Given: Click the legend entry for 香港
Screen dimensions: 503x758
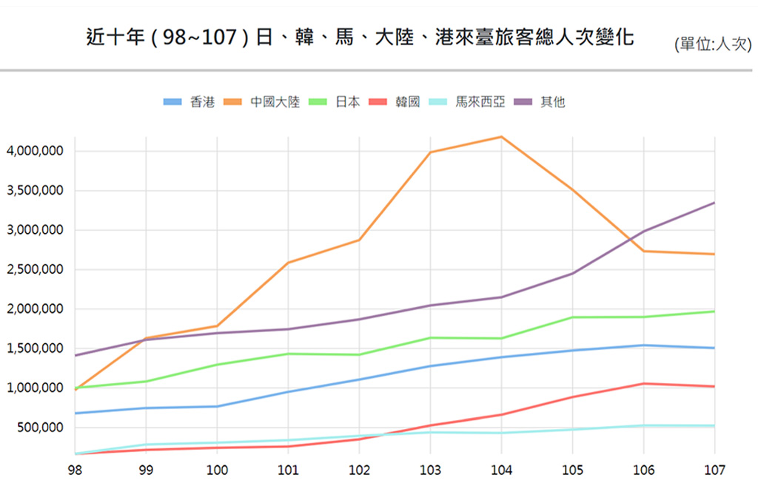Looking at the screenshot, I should pyautogui.click(x=189, y=102).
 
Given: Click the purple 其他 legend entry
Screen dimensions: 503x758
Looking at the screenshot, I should pyautogui.click(x=540, y=102).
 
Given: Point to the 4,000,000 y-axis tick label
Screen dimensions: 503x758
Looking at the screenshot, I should pyautogui.click(x=35, y=151).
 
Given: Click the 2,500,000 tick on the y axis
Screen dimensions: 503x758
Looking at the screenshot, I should pyautogui.click(x=35, y=269).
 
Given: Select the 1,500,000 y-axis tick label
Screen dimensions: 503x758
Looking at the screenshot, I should pyautogui.click(x=35, y=348).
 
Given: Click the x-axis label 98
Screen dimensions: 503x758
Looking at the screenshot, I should pyautogui.click(x=74, y=470).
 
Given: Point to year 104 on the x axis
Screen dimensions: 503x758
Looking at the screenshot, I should pyautogui.click(x=501, y=470).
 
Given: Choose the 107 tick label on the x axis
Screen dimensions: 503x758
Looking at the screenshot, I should pyautogui.click(x=714, y=470).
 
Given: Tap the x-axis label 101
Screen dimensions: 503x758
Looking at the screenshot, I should pyautogui.click(x=288, y=470).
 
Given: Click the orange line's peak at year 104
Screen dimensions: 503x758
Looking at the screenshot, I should pyautogui.click(x=501, y=137).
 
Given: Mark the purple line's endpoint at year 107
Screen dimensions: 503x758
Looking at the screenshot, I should pyautogui.click(x=714, y=203).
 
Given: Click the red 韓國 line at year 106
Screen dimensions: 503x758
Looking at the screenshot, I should pyautogui.click(x=643, y=384).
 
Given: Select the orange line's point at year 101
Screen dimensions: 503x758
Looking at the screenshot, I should pyautogui.click(x=288, y=263).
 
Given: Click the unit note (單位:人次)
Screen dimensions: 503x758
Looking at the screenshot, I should pyautogui.click(x=712, y=44).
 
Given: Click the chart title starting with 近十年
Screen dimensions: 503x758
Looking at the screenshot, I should pyautogui.click(x=360, y=37).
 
